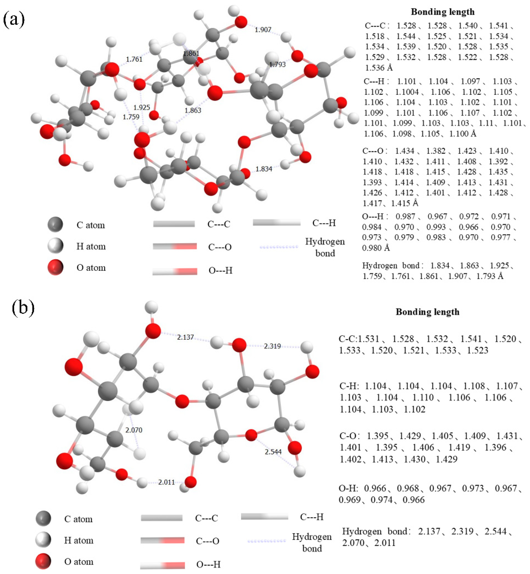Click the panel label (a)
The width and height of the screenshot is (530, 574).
[14, 19]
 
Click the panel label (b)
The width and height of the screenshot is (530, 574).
[23, 308]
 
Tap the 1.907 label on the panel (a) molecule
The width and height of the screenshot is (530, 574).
[263, 30]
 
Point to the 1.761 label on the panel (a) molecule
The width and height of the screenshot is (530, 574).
[134, 59]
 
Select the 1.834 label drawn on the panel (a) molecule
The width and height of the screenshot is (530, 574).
[264, 169]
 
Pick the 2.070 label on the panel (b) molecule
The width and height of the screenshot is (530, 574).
[134, 430]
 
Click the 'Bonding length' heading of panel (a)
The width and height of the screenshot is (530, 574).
[442, 12]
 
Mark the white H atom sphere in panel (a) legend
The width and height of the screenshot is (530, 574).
[55, 246]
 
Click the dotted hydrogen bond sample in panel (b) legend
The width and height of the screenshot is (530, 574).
[266, 541]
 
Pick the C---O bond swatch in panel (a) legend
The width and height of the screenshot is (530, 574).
[175, 246]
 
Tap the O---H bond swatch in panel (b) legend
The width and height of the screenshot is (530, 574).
[162, 565]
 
